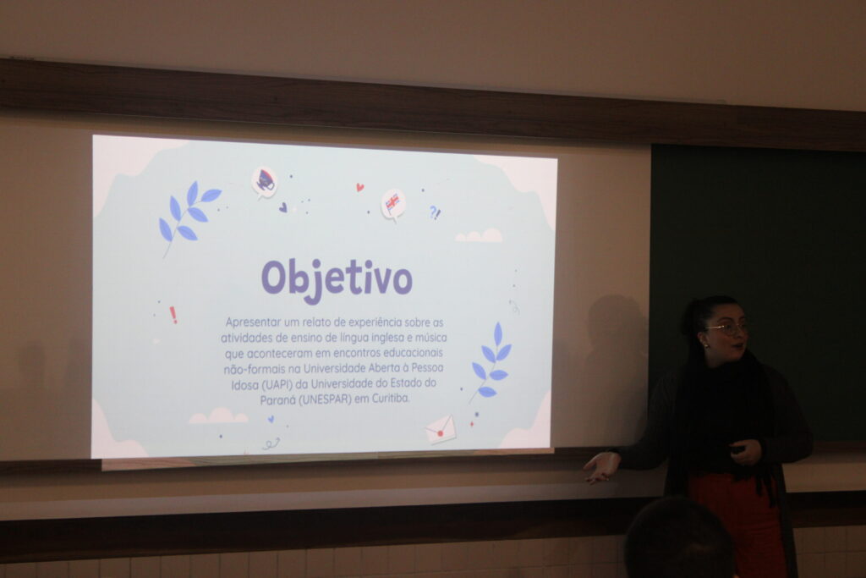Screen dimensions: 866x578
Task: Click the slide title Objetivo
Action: pos(337,279)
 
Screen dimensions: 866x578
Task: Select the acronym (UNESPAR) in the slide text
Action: pos(325,399)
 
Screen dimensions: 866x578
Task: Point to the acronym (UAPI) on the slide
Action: pos(277,384)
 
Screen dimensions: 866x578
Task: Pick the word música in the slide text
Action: pos(430,337)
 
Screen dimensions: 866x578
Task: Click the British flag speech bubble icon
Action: pos(393,205)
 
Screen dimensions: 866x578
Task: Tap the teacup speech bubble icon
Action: pos(265,182)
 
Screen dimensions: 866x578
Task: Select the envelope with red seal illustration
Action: pos(441,429)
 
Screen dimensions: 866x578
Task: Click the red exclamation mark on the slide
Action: pos(173,315)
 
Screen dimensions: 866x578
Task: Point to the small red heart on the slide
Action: pos(360,187)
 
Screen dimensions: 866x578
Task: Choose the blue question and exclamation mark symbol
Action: pos(436,212)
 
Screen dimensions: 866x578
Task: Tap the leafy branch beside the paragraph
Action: pos(491,362)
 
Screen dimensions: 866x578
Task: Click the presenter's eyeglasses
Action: pos(728,328)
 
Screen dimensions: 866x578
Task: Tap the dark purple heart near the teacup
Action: pos(282,208)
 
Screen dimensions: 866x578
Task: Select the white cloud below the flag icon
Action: pos(479,235)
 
